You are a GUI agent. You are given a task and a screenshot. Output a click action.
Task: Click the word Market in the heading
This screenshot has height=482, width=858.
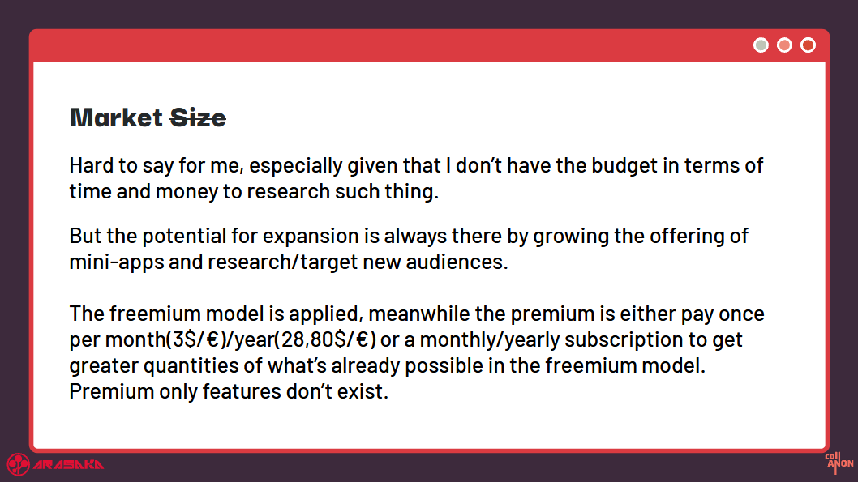pyautogui.click(x=116, y=117)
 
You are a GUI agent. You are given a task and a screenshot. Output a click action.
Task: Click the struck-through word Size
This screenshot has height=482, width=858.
pyautogui.click(x=198, y=117)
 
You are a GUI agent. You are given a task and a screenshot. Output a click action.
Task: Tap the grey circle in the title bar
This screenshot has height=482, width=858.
pyautogui.click(x=761, y=45)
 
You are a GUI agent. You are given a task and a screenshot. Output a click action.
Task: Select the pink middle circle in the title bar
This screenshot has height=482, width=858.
pyautogui.click(x=784, y=45)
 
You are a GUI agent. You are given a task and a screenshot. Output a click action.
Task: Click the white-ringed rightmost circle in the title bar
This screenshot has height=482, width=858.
pyautogui.click(x=808, y=45)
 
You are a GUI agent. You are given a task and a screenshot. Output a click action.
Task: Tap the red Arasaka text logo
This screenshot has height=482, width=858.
pyautogui.click(x=68, y=465)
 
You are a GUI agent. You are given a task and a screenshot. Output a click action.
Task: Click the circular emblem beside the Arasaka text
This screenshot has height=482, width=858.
pyautogui.click(x=18, y=464)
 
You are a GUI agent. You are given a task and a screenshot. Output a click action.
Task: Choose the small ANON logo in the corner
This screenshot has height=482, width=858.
pyautogui.click(x=839, y=463)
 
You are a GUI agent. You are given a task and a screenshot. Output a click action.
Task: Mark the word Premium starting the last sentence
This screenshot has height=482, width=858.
pyautogui.click(x=112, y=391)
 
